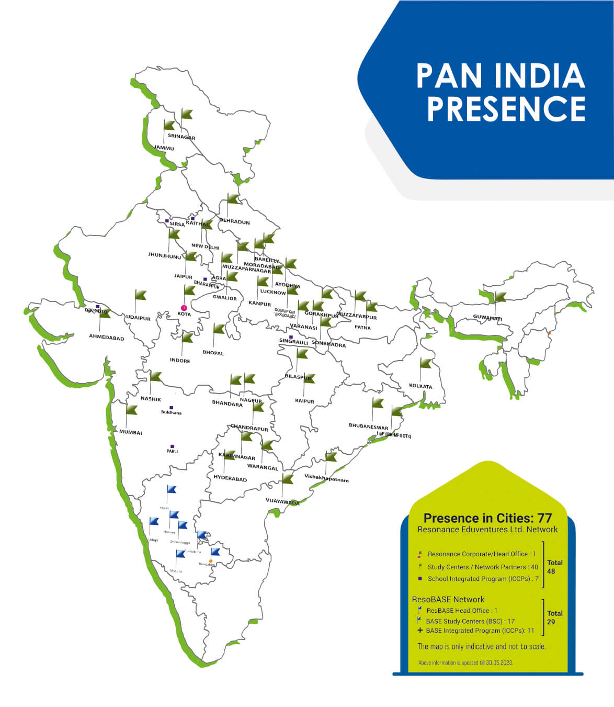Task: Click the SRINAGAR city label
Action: pos(181,137)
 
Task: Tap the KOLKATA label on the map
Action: pos(420,386)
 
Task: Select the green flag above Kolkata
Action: pos(426,363)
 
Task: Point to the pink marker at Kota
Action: pos(184,308)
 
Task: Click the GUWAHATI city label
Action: pos(487,318)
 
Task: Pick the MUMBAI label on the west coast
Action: pos(130,432)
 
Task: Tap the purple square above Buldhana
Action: pos(171,407)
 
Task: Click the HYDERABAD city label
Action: pos(230,478)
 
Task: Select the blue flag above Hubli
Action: pos(171,490)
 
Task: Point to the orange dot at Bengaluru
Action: pos(211,561)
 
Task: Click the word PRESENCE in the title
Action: pos(506,108)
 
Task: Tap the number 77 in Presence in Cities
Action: pos(544,518)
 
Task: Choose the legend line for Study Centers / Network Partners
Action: pos(482,567)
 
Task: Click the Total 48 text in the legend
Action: pos(554,567)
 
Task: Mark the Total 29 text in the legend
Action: pos(554,618)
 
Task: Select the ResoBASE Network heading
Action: pos(448,599)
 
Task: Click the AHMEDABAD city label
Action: pos(107,338)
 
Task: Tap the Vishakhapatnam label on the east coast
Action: pos(326,478)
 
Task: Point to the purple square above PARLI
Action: pos(172,446)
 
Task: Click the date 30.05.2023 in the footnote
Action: pos(499,663)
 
